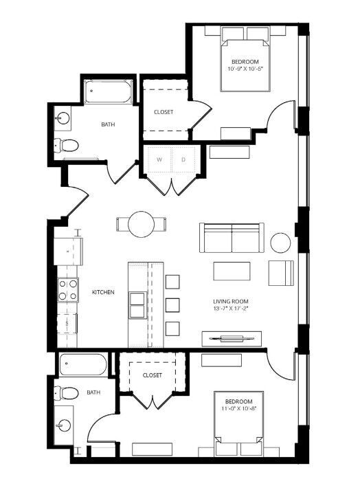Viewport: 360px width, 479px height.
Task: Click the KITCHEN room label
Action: coord(103,292)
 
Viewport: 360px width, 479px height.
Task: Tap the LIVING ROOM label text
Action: coord(231,302)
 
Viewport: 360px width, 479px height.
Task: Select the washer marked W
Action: coord(159,159)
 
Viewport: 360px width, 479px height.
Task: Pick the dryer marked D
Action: coord(183,159)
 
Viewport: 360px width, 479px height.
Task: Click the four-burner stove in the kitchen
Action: coord(68,290)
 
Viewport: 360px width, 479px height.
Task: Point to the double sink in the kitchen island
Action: coord(137,305)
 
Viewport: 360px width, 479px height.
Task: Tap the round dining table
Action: coord(142,224)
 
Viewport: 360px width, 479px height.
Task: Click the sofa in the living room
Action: coord(232,238)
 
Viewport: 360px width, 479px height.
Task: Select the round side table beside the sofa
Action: coord(280,243)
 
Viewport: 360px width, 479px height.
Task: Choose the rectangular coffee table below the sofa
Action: coord(232,271)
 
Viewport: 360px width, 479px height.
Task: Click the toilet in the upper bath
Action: coord(66,145)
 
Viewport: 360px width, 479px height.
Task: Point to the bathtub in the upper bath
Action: coord(108,91)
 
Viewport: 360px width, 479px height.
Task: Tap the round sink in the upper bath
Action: coord(63,118)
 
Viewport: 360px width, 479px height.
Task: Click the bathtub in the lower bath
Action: coord(83,365)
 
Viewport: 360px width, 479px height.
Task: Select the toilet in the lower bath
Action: coord(66,393)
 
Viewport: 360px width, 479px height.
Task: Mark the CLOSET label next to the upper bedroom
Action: coord(164,112)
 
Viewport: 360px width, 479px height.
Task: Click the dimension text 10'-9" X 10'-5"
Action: coord(245,69)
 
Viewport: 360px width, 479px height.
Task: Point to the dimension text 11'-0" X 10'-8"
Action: coord(239,408)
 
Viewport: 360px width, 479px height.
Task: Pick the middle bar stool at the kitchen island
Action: coord(172,305)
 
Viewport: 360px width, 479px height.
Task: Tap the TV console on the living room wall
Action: coord(232,339)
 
